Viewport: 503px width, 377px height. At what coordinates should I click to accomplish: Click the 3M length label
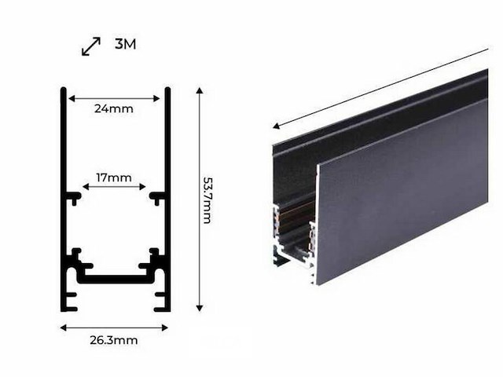[125, 44]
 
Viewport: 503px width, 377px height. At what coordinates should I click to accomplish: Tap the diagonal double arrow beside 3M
[91, 46]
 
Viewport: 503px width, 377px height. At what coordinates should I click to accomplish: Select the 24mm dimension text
[114, 109]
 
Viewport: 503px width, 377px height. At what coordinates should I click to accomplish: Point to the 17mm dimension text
[114, 178]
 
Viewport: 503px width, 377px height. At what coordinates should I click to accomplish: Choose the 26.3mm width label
[114, 340]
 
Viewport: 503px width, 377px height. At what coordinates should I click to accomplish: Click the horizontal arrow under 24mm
[114, 98]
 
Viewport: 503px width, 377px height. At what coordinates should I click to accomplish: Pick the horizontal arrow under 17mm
[114, 187]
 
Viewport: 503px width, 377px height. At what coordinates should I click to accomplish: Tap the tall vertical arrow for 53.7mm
[200, 199]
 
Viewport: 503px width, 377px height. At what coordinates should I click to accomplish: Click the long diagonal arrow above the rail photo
[380, 87]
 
